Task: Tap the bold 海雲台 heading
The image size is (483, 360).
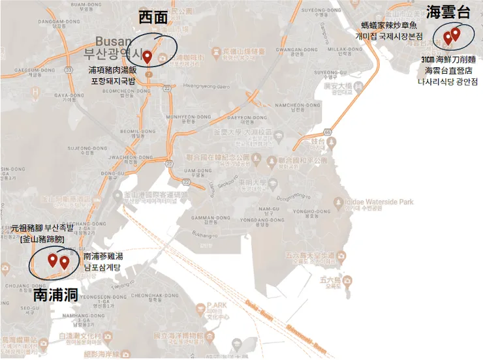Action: (448, 12)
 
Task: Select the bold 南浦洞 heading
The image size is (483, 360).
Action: (55, 295)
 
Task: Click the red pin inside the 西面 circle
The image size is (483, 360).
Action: (148, 57)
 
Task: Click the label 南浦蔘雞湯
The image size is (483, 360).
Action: (103, 256)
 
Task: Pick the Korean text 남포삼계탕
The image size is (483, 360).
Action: (103, 267)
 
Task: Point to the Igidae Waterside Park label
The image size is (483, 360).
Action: (377, 202)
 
